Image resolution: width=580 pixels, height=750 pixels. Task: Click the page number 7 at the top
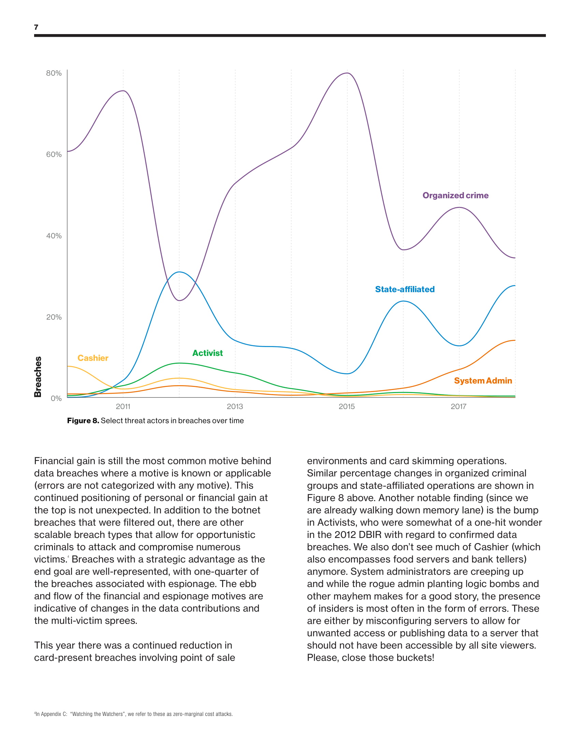[x=36, y=27]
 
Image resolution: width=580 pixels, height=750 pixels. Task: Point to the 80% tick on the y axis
[x=54, y=73]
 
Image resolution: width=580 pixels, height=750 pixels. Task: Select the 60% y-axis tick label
[x=54, y=154]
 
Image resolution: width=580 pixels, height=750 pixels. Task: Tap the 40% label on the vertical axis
[x=54, y=236]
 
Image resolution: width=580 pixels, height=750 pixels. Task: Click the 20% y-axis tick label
[x=54, y=317]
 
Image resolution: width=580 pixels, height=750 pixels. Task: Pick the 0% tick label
[x=56, y=398]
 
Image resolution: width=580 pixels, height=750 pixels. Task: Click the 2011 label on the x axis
[x=123, y=407]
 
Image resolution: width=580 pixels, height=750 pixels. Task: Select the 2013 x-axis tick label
[x=235, y=407]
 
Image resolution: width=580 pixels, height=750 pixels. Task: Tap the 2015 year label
[x=347, y=407]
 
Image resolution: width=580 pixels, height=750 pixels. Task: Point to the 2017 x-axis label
[x=459, y=407]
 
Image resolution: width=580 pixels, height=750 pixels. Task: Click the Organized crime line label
[x=455, y=195]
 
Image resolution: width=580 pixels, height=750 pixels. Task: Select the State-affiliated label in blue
[x=405, y=289]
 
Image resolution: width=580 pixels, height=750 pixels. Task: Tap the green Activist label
[x=207, y=353]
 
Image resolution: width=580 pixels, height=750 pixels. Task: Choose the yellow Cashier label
[x=93, y=358]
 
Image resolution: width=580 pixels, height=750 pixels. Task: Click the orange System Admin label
[x=483, y=380]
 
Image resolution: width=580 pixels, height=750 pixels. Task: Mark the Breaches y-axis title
[x=38, y=377]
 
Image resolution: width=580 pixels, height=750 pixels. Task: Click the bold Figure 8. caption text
[x=83, y=421]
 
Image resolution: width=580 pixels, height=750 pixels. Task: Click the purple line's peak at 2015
[x=347, y=73]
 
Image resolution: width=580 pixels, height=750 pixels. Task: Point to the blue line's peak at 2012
[x=179, y=272]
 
